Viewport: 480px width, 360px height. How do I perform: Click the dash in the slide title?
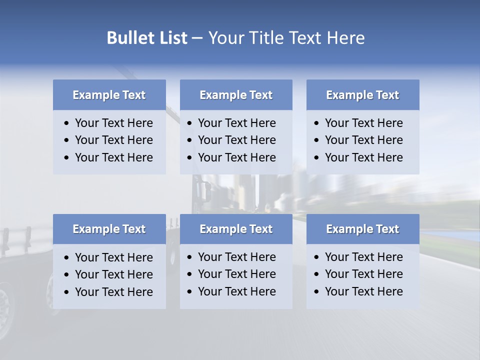pos(197,38)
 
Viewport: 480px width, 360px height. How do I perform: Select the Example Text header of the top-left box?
pos(109,95)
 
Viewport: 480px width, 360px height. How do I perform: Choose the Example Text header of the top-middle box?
pos(236,95)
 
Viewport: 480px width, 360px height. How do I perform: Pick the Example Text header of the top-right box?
pos(362,95)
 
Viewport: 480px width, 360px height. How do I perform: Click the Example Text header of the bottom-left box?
pos(109,229)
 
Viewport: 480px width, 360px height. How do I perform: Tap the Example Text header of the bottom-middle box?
pos(236,229)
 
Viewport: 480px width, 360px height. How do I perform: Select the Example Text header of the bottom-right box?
pos(362,229)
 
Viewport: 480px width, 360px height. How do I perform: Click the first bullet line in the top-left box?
pos(113,123)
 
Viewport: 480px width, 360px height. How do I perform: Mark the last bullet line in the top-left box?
pos(113,157)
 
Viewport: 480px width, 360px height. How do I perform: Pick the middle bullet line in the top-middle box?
pos(236,140)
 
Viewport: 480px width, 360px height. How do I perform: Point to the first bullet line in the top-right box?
pos(363,123)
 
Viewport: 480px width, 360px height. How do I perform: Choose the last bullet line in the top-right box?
pos(363,157)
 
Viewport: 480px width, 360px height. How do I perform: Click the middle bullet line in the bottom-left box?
pos(113,274)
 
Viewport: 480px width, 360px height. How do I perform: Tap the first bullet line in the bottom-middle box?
pos(236,257)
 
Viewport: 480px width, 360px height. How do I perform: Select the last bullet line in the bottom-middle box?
pos(236,291)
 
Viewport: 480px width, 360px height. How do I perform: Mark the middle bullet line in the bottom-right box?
pos(363,274)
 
